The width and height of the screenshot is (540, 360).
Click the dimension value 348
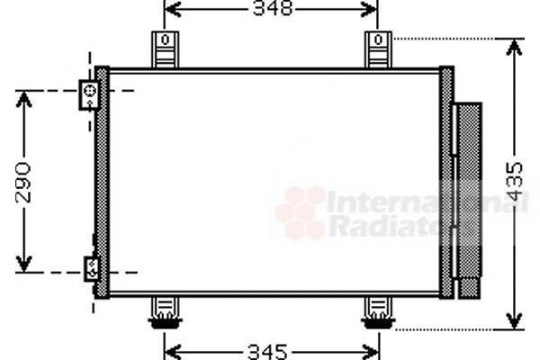point(273,8)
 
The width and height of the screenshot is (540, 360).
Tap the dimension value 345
point(267,352)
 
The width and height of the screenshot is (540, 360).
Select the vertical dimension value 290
point(23,183)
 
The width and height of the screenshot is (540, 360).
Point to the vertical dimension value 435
point(515,182)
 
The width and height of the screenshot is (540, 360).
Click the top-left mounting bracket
point(166,49)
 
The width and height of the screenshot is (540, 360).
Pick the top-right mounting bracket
point(378,49)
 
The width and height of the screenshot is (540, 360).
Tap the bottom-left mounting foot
point(166,313)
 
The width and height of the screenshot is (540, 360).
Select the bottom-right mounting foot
point(378,313)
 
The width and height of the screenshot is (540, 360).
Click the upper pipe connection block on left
point(89,95)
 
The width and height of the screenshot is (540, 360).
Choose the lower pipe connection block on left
point(92,269)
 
